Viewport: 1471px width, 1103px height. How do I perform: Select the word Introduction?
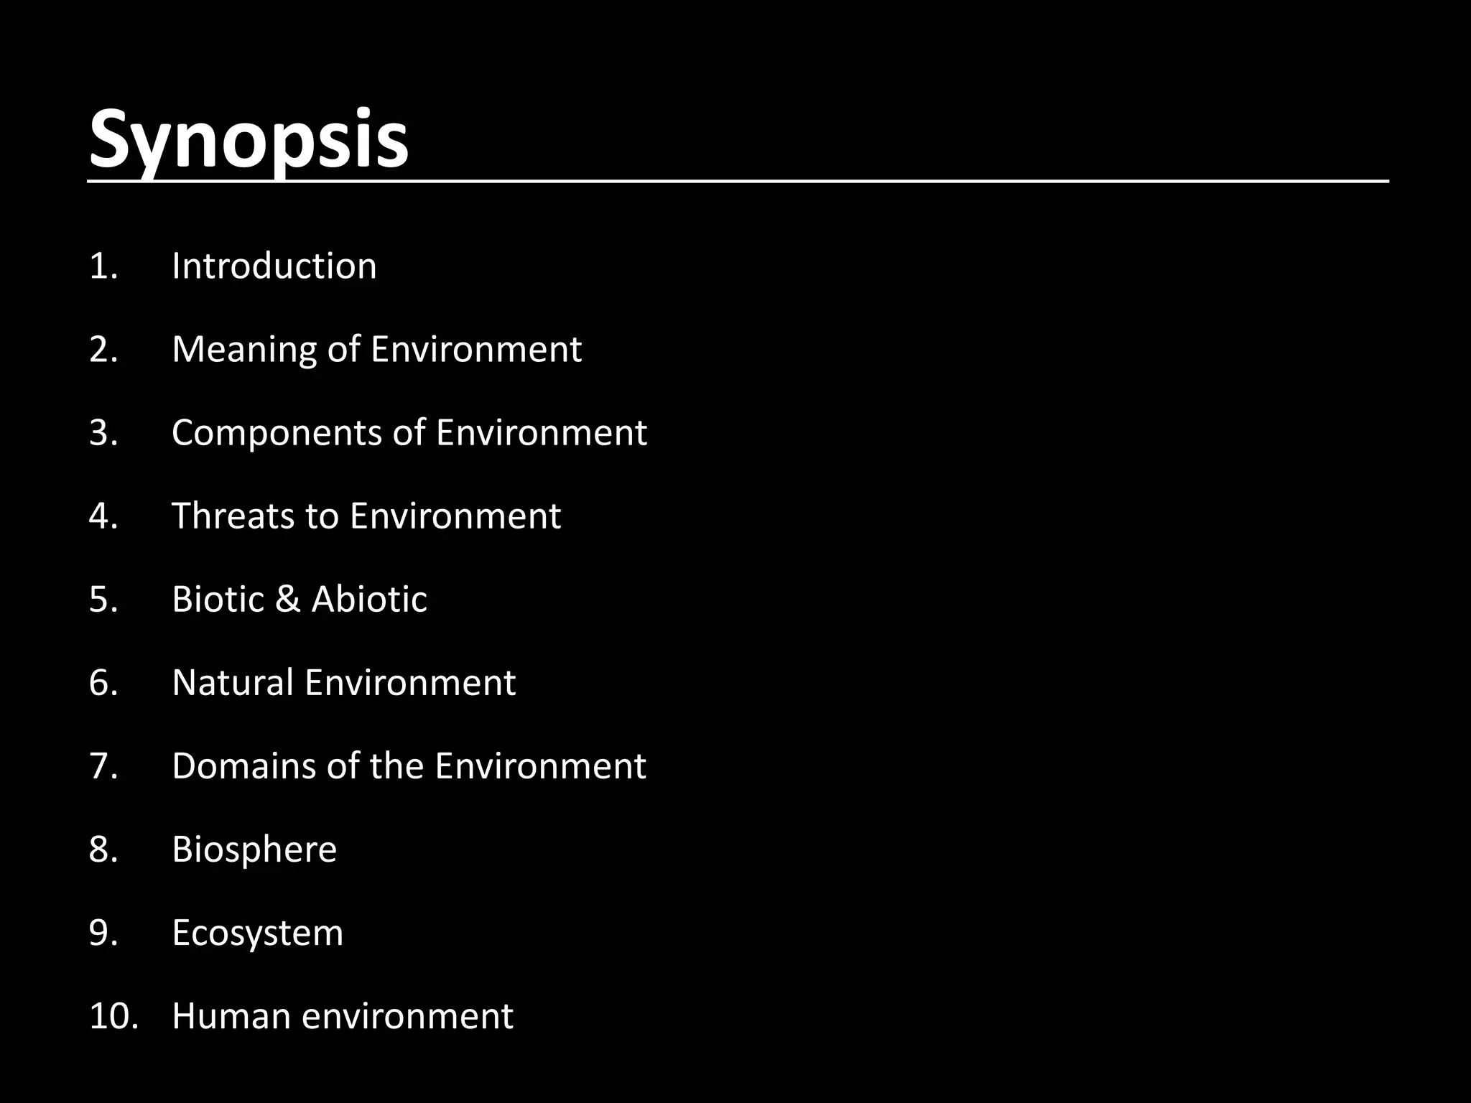(x=274, y=266)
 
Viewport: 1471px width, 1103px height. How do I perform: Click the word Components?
(x=276, y=434)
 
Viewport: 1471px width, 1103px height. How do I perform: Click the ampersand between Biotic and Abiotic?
(x=287, y=600)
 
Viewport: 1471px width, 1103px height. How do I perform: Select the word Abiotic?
(x=369, y=600)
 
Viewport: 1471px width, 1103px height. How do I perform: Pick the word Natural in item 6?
(x=233, y=683)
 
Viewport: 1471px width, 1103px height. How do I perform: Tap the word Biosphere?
(x=254, y=850)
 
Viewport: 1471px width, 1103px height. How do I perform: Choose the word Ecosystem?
(x=257, y=934)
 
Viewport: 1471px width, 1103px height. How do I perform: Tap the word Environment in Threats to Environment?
(x=455, y=516)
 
